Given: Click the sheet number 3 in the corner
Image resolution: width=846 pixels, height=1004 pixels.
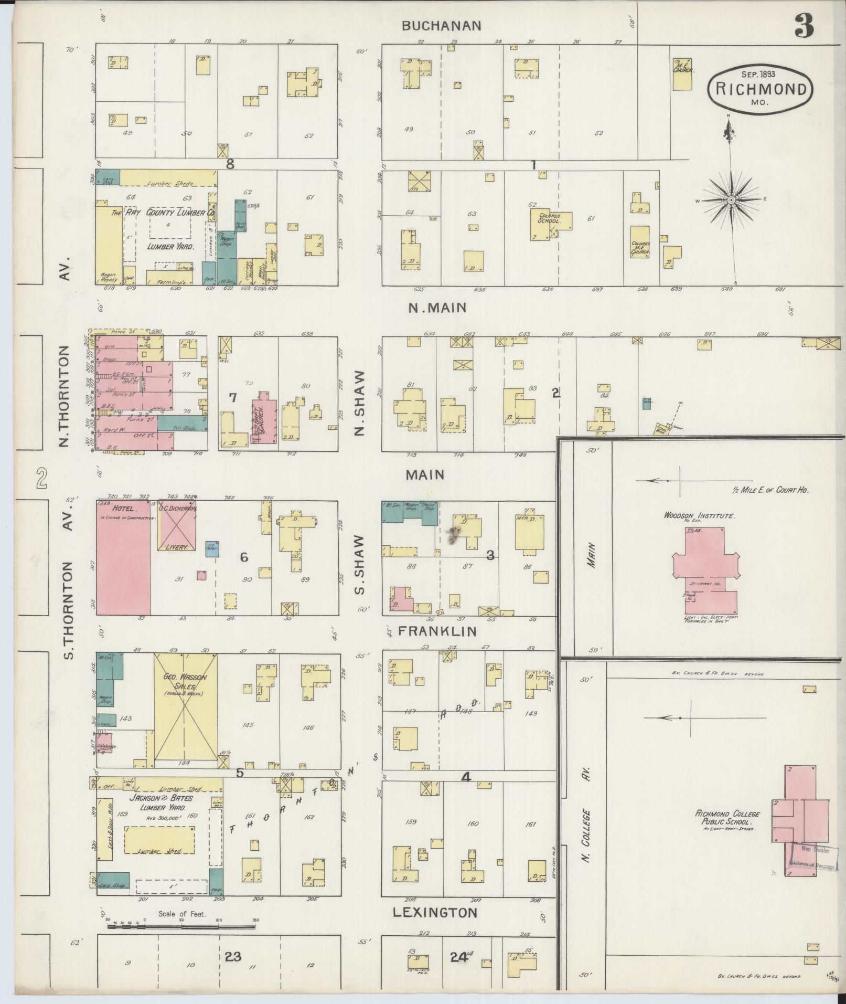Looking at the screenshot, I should (x=804, y=26).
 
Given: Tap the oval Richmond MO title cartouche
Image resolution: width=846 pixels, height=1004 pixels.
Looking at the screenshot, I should (x=760, y=91).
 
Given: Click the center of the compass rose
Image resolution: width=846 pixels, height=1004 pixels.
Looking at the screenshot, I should (x=731, y=200).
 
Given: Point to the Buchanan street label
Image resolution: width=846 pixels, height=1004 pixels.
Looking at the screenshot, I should (x=441, y=26).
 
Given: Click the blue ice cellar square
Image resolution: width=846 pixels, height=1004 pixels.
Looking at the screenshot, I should (x=212, y=549).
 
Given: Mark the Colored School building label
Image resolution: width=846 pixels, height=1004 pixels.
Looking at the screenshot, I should (x=549, y=219).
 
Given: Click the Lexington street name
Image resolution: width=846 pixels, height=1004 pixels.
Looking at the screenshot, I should (x=435, y=913).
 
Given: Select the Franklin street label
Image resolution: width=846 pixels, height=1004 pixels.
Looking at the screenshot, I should (x=437, y=631).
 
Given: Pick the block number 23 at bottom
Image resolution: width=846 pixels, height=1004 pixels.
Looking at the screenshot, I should (x=232, y=957).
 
